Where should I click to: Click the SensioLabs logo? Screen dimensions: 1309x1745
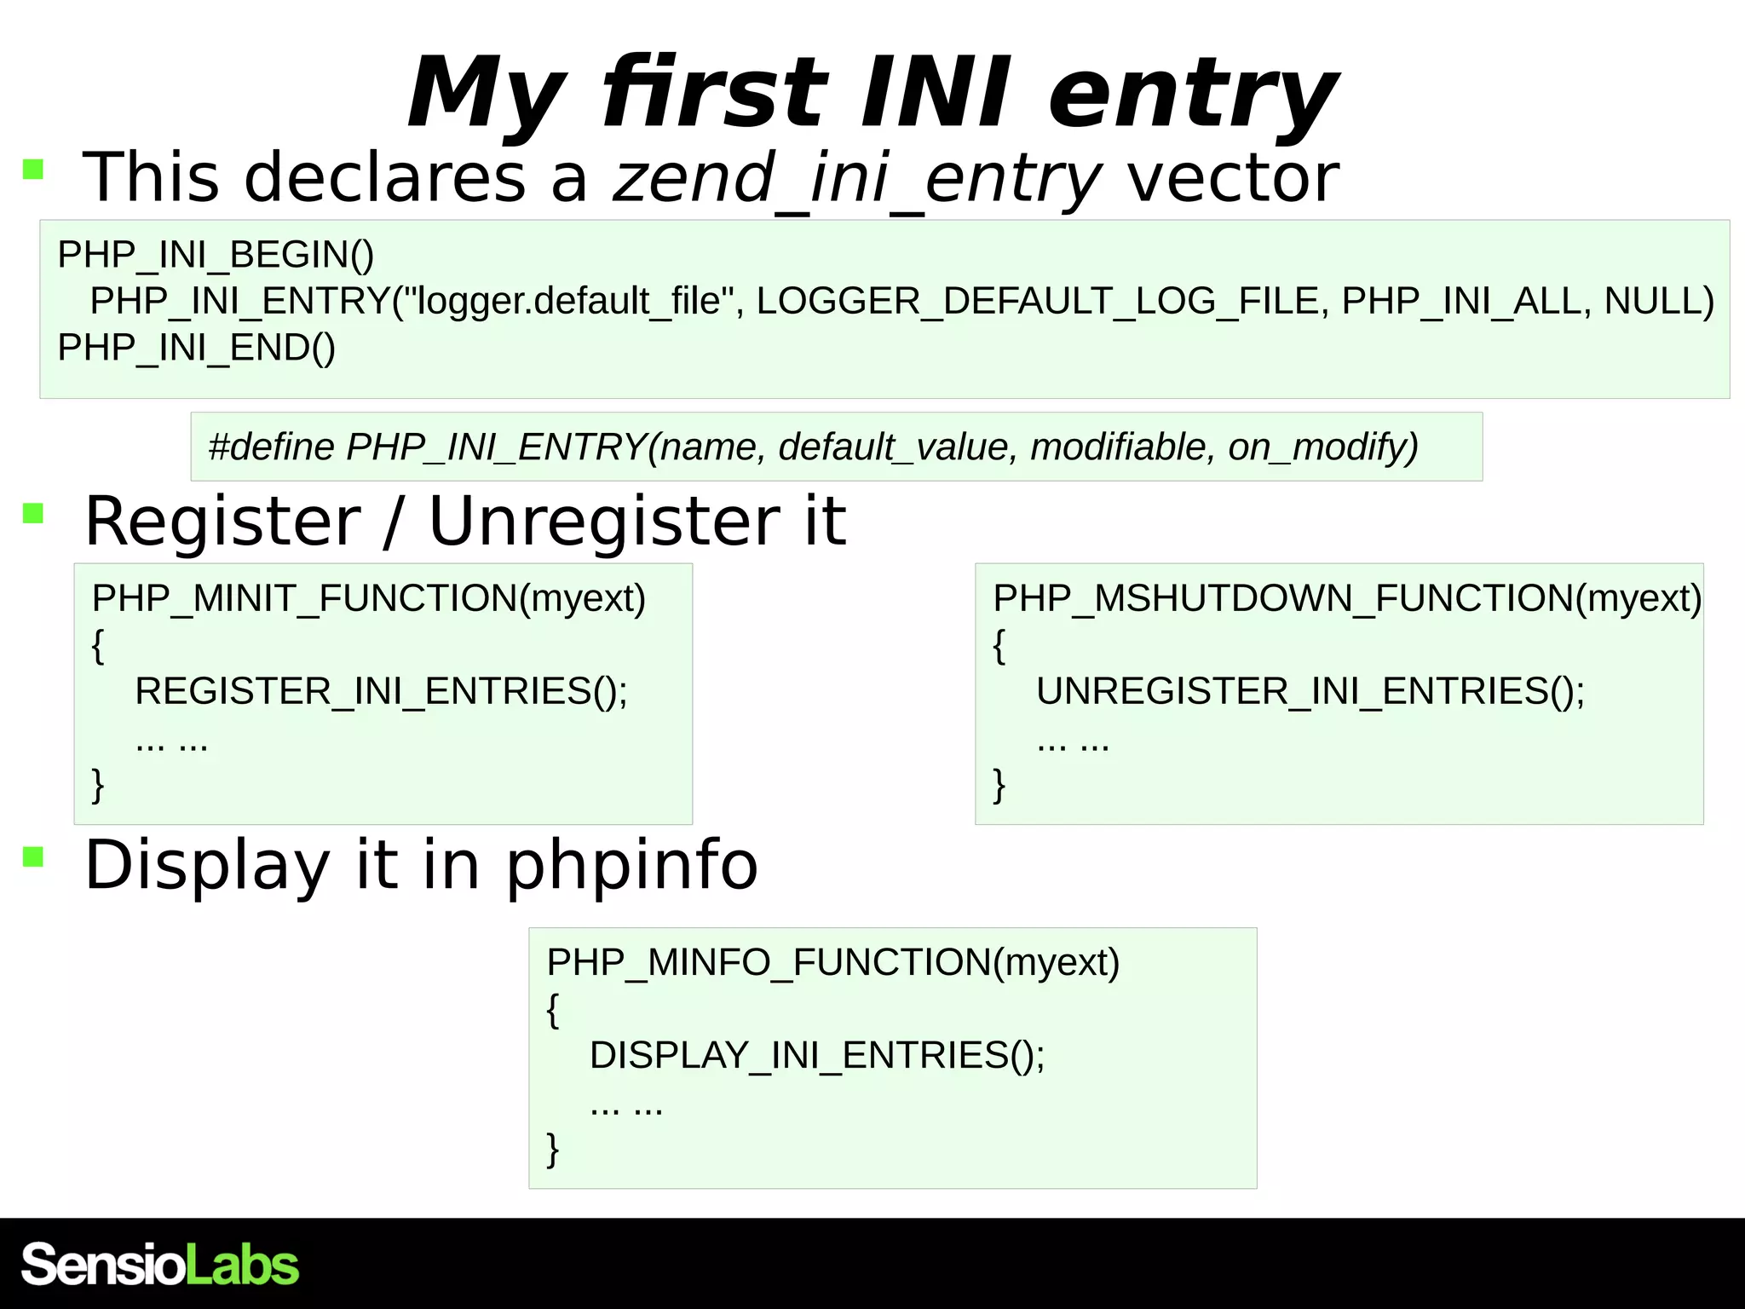tap(159, 1264)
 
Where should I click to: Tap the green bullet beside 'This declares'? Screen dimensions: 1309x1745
tap(33, 169)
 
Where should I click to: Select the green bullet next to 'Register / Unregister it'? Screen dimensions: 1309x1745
tap(33, 513)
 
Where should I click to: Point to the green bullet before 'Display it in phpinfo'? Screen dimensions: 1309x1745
tap(33, 856)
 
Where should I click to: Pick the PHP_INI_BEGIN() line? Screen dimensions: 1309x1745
tap(216, 255)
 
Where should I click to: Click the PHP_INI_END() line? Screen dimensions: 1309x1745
tap(197, 348)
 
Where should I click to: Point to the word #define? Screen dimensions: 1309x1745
tap(272, 447)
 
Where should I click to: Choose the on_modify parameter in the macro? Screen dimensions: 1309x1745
tap(1322, 447)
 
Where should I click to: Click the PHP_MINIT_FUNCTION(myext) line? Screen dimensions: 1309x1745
tap(369, 598)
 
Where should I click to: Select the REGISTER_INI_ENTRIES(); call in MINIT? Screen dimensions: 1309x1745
tap(381, 691)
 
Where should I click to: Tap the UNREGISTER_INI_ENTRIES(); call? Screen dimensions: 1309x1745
tap(1310, 691)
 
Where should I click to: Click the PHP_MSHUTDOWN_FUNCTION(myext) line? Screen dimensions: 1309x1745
tap(1347, 598)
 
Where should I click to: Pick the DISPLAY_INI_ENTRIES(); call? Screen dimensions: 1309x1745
tap(817, 1055)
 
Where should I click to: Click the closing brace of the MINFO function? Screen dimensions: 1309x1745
tap(553, 1149)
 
